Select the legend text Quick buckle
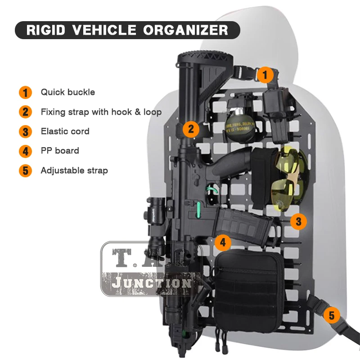68,92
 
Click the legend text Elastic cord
65,131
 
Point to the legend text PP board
60,151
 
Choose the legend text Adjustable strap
74,171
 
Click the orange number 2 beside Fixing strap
25,112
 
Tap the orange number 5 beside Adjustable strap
25,171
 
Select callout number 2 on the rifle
191,129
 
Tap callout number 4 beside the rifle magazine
223,243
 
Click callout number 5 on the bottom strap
332,315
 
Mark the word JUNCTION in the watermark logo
151,283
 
